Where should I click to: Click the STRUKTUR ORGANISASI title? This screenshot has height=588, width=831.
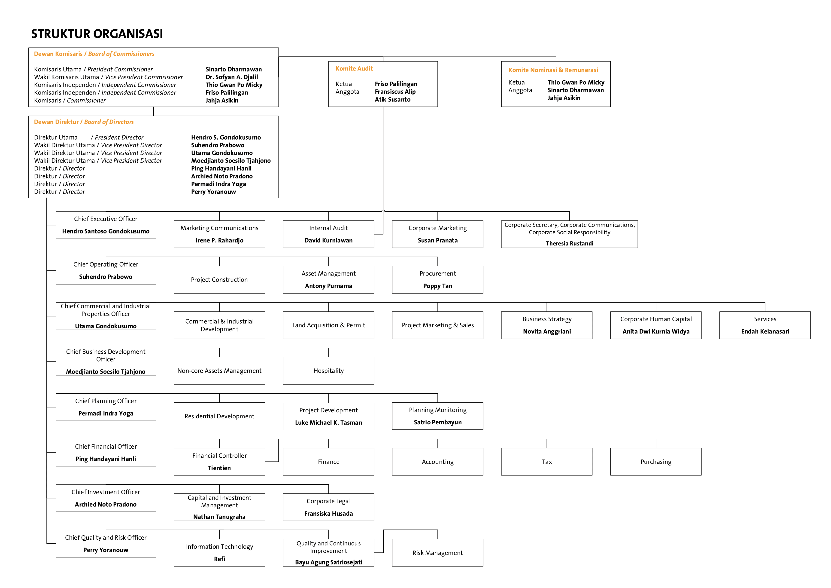[x=97, y=34]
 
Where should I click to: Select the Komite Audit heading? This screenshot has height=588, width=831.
[x=354, y=68]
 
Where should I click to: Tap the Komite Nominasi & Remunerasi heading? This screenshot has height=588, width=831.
[x=553, y=70]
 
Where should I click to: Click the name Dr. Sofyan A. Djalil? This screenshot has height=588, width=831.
[x=232, y=77]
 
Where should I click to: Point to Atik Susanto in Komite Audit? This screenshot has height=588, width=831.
[x=392, y=99]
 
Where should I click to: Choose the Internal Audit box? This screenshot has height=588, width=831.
[x=328, y=234]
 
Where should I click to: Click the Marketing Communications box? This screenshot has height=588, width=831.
[x=219, y=234]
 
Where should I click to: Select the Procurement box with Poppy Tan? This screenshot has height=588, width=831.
[x=438, y=280]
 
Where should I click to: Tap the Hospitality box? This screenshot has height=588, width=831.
[x=328, y=371]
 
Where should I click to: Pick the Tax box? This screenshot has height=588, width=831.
[x=546, y=462]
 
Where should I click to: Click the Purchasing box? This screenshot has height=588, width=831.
[x=656, y=462]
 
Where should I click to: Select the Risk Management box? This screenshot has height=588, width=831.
[x=438, y=552]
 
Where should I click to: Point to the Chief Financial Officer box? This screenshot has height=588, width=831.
[x=106, y=453]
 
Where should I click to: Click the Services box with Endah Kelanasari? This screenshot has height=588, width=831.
[x=765, y=325]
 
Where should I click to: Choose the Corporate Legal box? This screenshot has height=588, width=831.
[x=328, y=507]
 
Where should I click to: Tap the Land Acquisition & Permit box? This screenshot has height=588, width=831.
[x=328, y=325]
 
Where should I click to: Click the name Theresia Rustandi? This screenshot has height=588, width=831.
[x=569, y=243]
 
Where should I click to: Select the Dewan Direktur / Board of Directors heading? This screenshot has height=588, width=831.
[x=84, y=122]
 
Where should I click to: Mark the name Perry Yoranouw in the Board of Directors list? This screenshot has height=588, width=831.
[x=214, y=192]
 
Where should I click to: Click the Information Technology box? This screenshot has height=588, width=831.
[x=219, y=552]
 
